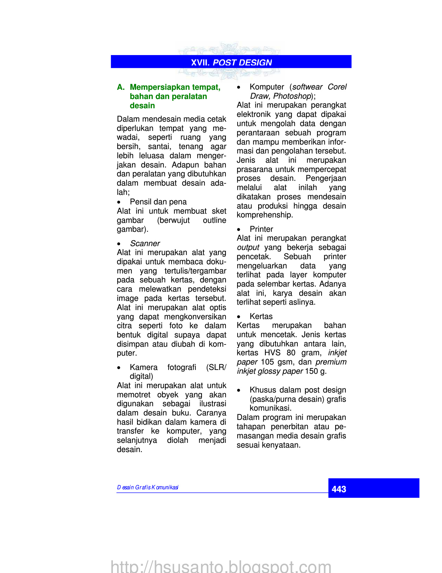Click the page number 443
339,489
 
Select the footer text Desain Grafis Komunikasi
148,487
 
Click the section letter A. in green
121,87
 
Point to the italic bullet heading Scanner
145,244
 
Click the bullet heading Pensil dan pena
158,202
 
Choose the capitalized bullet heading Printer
261,229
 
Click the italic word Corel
337,87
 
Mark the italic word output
248,247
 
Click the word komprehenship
265,215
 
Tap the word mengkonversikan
195,317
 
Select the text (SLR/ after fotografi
216,367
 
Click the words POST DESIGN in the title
242,62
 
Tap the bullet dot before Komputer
238,87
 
